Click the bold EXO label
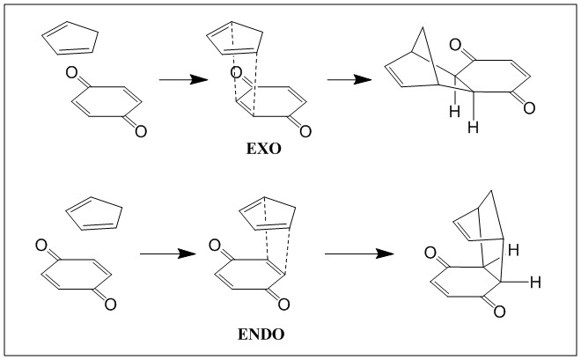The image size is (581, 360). tap(263, 149)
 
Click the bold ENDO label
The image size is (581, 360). tap(261, 334)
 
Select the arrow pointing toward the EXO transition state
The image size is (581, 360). tap(183, 79)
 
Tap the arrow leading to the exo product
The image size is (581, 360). tap(349, 79)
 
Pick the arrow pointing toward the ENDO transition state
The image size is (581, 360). tap(168, 253)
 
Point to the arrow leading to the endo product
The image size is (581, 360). tap(359, 253)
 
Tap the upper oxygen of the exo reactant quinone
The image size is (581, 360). tap(71, 72)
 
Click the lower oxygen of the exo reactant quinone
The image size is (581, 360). tap(141, 131)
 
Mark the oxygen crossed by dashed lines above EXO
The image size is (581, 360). tap(236, 72)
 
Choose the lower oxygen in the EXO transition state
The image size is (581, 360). tap(305, 131)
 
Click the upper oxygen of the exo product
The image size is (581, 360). tap(455, 45)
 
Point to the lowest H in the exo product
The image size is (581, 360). tap(474, 128)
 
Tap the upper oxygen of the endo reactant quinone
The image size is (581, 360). tap(41, 246)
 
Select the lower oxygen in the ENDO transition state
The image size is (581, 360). tap(283, 305)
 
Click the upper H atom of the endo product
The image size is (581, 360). tap(513, 250)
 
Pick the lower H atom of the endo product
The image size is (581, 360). tap(535, 283)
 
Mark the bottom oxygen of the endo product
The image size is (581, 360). tap(499, 312)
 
